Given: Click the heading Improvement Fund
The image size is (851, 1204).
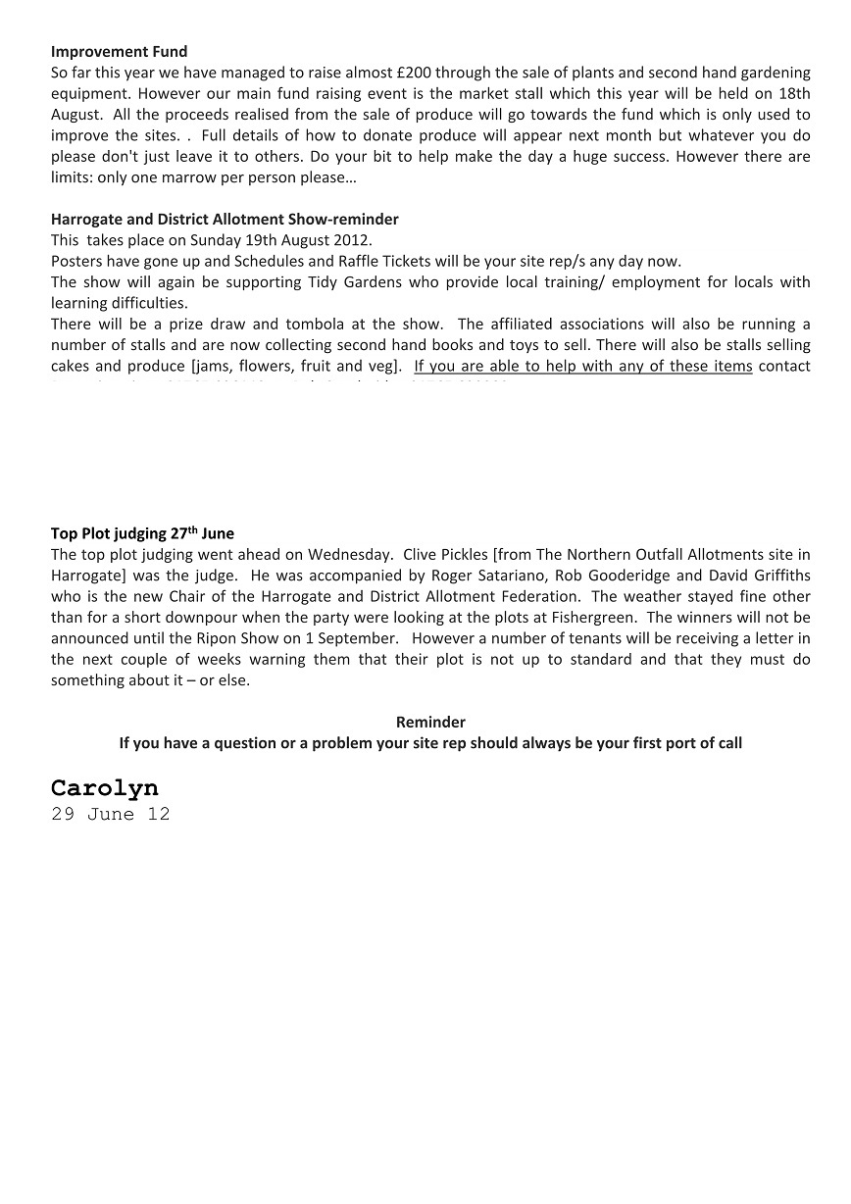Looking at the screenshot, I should pyautogui.click(x=119, y=51).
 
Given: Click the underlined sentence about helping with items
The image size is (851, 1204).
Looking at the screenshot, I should pyautogui.click(x=583, y=366).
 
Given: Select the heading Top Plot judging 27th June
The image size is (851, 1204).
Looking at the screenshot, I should pyautogui.click(x=142, y=533).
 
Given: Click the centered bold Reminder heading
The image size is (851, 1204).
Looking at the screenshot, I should pyautogui.click(x=430, y=722).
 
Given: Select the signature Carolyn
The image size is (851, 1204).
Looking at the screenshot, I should pyautogui.click(x=104, y=788).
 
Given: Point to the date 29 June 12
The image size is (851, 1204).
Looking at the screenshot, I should pyautogui.click(x=110, y=814).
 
